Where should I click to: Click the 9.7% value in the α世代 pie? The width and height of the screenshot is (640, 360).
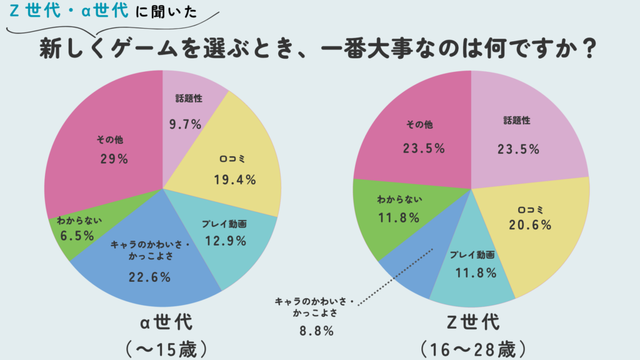pyautogui.click(x=185, y=124)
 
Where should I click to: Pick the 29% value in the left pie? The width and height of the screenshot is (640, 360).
pyautogui.click(x=114, y=159)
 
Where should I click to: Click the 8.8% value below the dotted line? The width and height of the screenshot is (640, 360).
pyautogui.click(x=316, y=331)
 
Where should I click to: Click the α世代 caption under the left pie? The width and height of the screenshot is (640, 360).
pyautogui.click(x=166, y=323)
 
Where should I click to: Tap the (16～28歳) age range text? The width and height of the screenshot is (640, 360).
pyautogui.click(x=474, y=347)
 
